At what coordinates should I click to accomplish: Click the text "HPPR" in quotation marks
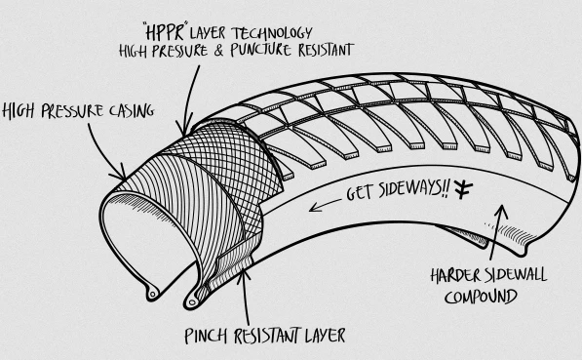coord(165,32)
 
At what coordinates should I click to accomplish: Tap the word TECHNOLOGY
coord(272,33)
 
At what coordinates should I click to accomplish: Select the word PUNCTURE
coord(260,50)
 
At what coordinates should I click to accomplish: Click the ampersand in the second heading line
coord(219,51)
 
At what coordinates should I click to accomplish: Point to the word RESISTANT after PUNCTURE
coord(326,50)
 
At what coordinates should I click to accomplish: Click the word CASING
coord(132,110)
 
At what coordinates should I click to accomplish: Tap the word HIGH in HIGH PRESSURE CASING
coord(19,111)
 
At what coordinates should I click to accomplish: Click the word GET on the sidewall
coord(360,193)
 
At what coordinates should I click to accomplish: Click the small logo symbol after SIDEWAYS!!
coord(464,188)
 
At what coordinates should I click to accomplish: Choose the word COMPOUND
coord(481,297)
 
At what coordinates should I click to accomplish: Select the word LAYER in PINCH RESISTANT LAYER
coord(326,336)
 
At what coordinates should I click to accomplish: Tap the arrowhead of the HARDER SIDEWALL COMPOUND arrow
coord(502,212)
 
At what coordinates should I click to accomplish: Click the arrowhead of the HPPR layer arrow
coord(184,128)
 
